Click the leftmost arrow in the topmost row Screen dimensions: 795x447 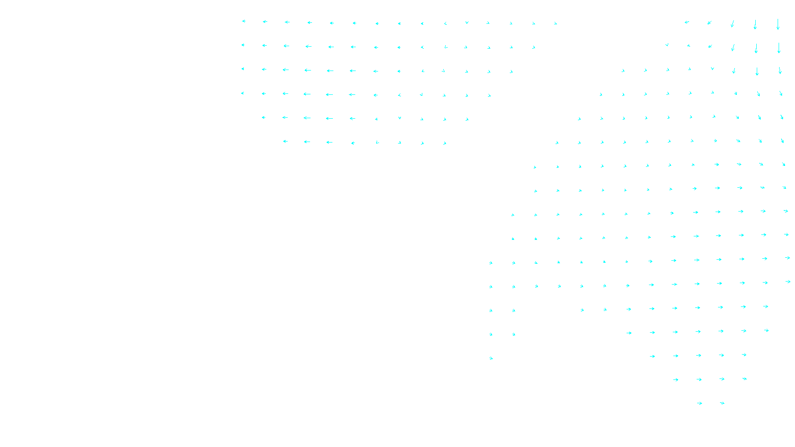click(243, 21)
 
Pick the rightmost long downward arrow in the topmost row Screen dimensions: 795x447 click(778, 24)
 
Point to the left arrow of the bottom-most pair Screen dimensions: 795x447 click(700, 403)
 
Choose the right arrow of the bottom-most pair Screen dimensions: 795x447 click(722, 403)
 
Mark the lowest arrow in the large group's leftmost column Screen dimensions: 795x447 click(491, 358)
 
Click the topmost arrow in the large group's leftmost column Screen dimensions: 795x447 click(491, 263)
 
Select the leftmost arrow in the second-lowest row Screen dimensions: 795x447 click(676, 380)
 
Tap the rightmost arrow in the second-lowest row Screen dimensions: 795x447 click(744, 379)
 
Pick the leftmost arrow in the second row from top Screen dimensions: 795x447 click(243, 45)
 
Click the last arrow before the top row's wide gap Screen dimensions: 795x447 click(556, 23)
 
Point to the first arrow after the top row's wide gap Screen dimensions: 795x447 click(687, 22)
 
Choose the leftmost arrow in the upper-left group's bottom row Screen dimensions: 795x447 click(285, 142)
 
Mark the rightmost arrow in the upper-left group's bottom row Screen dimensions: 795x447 click(445, 144)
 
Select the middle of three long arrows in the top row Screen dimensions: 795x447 click(755, 24)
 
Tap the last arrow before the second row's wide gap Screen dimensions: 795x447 click(534, 48)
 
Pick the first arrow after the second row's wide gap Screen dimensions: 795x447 click(667, 45)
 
